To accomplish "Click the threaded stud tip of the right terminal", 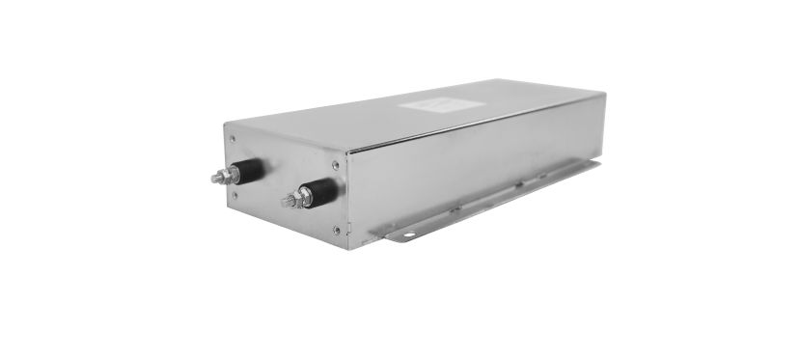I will pos(286,203).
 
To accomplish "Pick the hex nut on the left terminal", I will pos(230,175).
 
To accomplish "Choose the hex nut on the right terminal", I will pos(301,198).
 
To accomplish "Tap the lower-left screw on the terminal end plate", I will pos(235,194).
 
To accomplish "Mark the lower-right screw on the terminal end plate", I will pos(336,229).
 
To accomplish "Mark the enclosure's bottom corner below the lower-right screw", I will pos(348,248).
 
